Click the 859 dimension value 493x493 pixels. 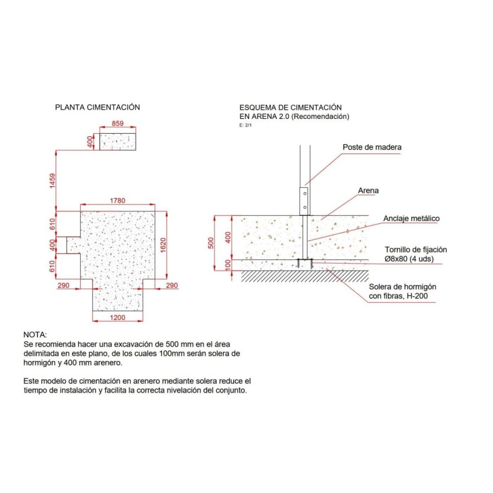tap(118, 123)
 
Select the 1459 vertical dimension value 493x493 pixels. tap(52, 181)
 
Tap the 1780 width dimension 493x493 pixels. tap(118, 201)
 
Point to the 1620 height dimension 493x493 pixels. tap(163, 245)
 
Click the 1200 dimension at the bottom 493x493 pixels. tap(118, 317)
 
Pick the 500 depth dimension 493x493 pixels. tap(211, 243)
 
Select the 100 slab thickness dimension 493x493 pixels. tap(228, 265)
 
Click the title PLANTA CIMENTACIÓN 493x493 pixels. tap(97, 107)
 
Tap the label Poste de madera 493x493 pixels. tap(372, 147)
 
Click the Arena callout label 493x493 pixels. tap(368, 190)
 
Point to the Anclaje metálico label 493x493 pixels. tap(411, 219)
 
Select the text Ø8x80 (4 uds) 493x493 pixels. tap(409, 259)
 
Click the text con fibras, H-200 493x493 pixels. tap(398, 296)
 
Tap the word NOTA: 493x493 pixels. tap(35, 335)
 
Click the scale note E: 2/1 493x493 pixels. tap(245, 125)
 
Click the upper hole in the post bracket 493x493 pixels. tap(304, 194)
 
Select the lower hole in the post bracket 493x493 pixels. tap(304, 208)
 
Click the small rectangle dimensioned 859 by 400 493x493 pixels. tap(118, 142)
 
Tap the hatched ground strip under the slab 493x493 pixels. tap(305, 275)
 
